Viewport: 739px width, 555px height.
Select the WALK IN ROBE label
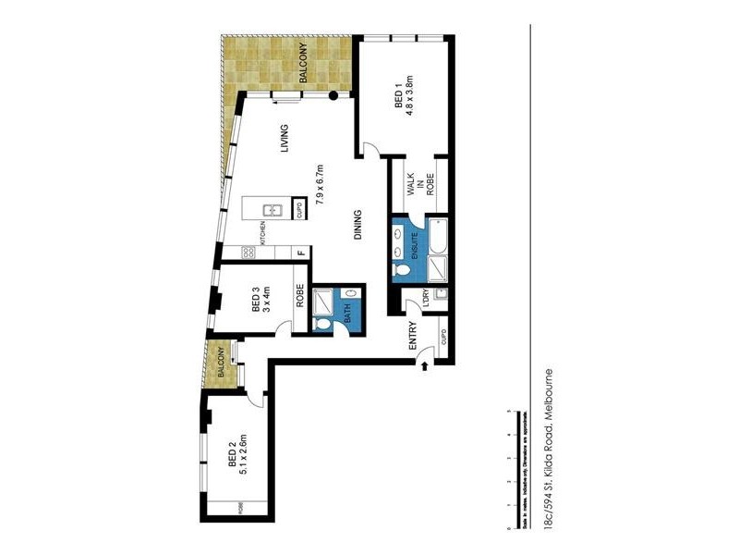pyautogui.click(x=418, y=188)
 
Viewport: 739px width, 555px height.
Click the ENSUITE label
pyautogui.click(x=416, y=242)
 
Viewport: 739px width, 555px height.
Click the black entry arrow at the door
pyautogui.click(x=424, y=367)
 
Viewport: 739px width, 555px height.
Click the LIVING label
pyautogui.click(x=285, y=139)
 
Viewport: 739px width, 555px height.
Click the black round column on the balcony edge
pyautogui.click(x=333, y=95)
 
